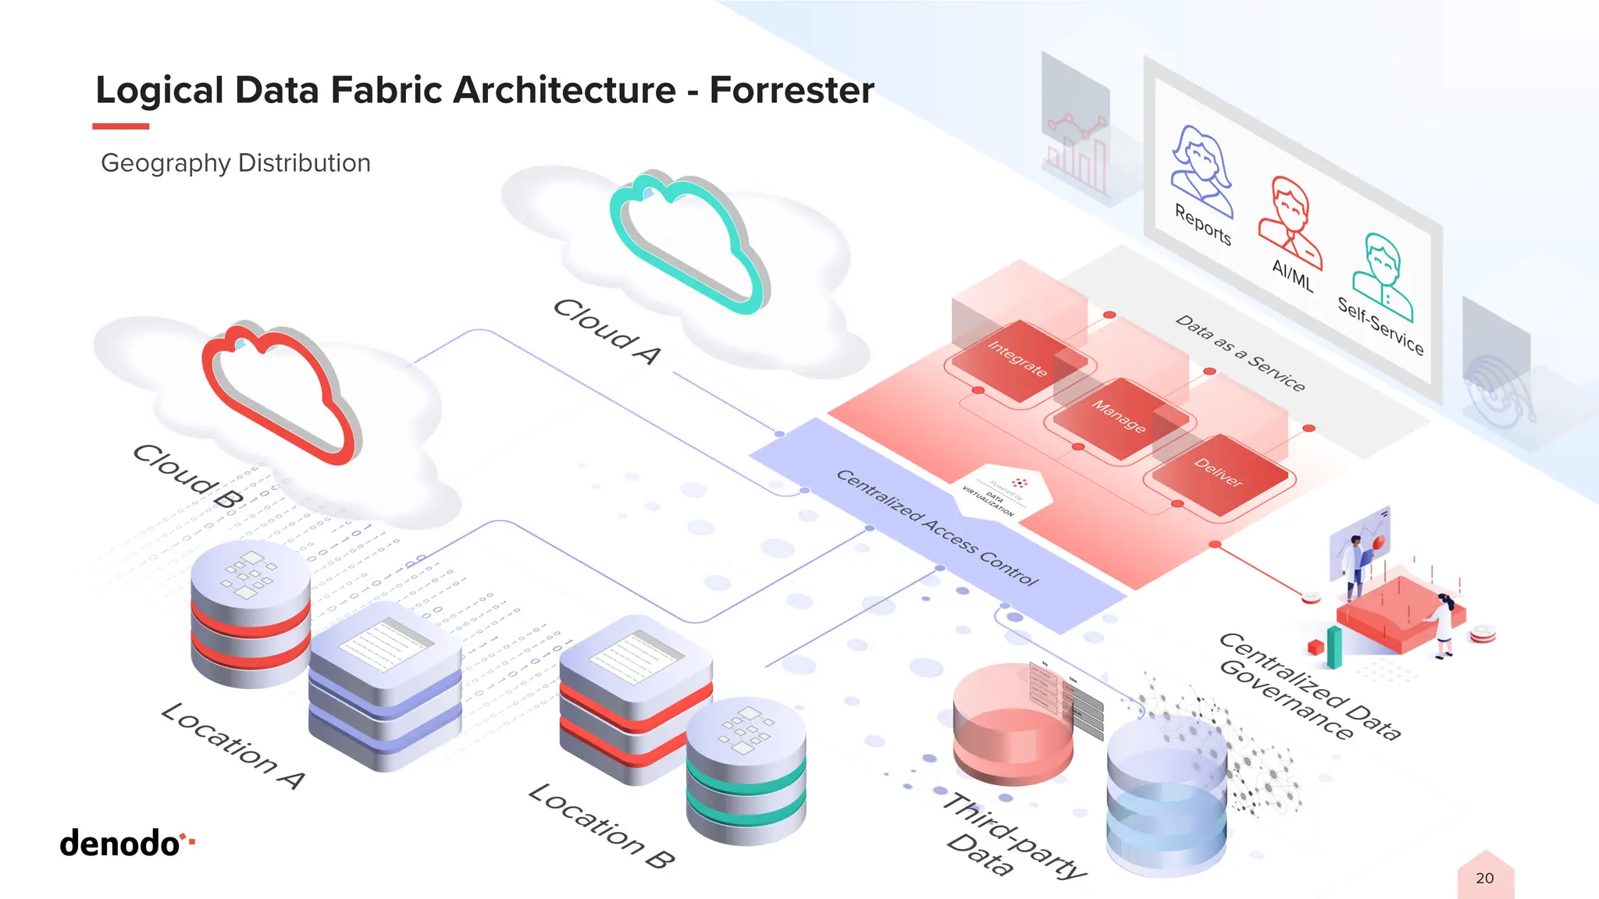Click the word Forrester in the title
pos(791,91)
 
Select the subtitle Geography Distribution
pos(236,163)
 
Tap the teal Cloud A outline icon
pos(687,242)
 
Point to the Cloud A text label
pos(607,331)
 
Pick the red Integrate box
pos(1017,359)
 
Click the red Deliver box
pos(1219,473)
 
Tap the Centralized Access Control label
pos(937,528)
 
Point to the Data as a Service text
pos(1240,353)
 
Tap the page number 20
pos(1484,878)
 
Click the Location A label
pos(233,746)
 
